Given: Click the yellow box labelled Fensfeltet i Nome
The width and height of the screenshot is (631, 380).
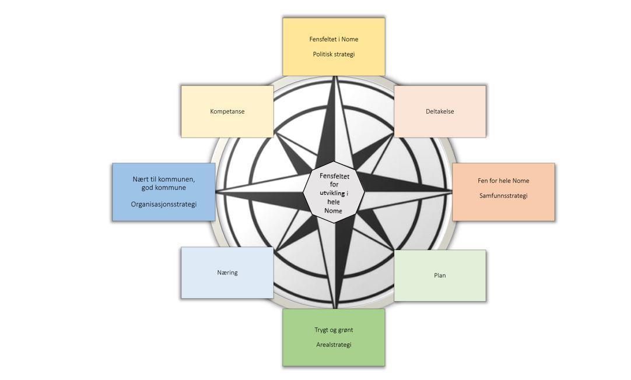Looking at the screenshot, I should coord(334,47).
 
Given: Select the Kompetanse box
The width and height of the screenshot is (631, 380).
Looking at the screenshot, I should coord(227,111).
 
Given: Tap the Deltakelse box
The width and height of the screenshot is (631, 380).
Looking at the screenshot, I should coord(440,111).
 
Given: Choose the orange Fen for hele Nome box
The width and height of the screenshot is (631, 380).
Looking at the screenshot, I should coord(503,192).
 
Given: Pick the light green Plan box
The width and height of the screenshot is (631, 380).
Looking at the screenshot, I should coord(440,276).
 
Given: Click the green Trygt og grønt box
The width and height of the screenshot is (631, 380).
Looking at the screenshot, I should coord(334,337).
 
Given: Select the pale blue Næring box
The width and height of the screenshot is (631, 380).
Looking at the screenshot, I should coord(227,273).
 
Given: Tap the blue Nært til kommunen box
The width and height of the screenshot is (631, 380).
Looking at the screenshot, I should coord(163,192).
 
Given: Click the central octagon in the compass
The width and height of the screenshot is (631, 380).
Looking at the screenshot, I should coord(334,191).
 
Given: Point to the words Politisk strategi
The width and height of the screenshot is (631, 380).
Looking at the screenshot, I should coord(334,54).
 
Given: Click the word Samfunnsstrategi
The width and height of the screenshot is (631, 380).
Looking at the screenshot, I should coord(503,196).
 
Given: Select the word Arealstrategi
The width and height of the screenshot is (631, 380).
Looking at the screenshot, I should coord(334,344).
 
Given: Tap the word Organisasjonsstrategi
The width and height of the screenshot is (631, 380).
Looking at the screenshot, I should coord(164,205).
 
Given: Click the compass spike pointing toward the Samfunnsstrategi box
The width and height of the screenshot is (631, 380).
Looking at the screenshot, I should coord(408,189).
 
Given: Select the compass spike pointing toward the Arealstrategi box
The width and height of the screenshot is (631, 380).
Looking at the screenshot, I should coord(336,262).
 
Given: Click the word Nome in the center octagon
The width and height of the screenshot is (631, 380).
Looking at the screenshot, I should coord(333,210).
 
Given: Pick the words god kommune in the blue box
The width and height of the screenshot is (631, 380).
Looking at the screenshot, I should coord(164,188).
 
